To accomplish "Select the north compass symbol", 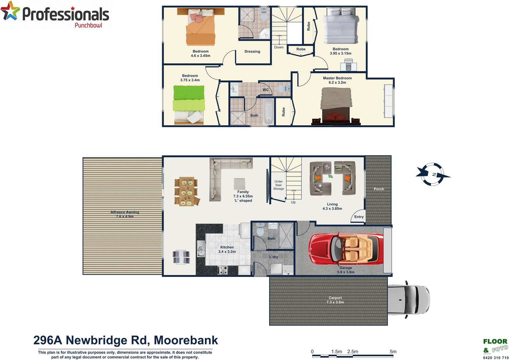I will [433, 174].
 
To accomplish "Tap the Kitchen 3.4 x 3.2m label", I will [227, 249].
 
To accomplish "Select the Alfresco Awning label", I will [125, 214].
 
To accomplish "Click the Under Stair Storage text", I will [279, 185].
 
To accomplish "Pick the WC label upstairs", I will [265, 90].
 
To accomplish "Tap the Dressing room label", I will [252, 52].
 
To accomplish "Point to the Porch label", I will [379, 189].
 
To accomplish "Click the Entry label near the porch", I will [359, 217].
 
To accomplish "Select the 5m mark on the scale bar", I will [393, 352].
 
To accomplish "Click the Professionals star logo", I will [10, 11].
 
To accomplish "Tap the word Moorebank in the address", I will [186, 340].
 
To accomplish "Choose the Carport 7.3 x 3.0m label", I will [335, 300].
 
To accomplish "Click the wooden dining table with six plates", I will [185, 192].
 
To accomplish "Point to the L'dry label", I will [274, 257].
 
